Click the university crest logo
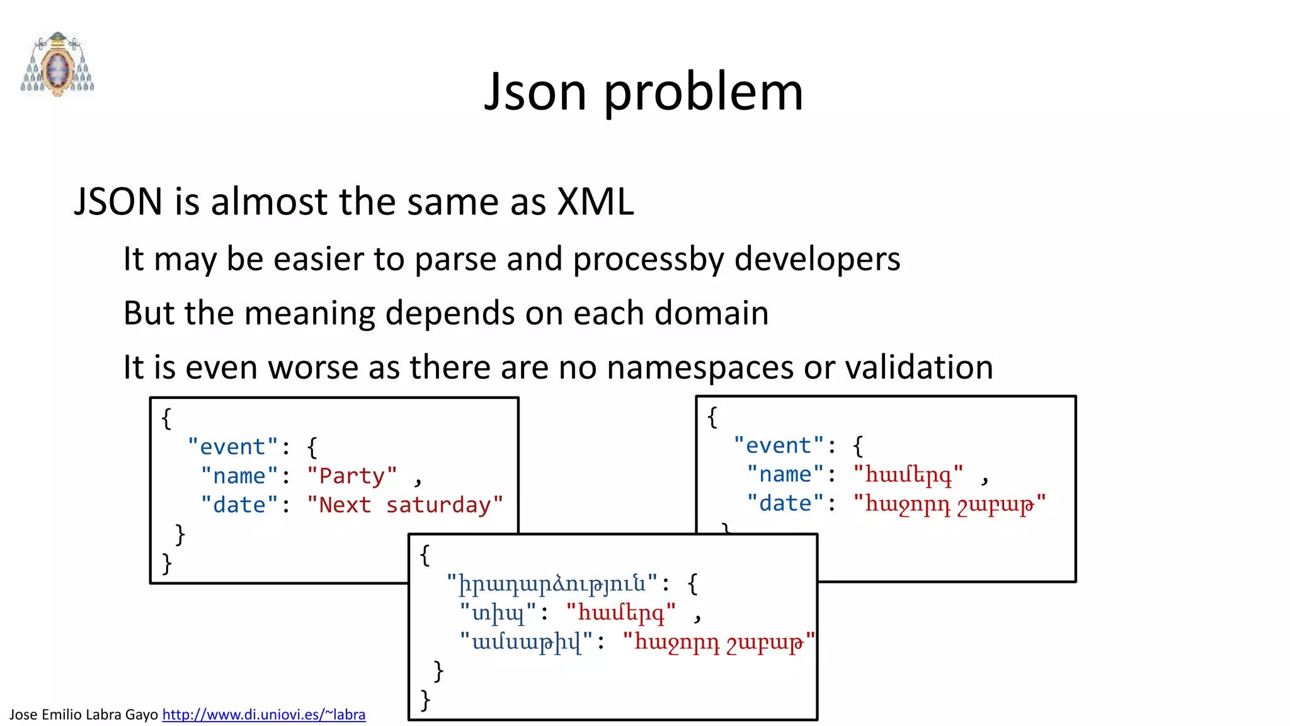click(x=57, y=64)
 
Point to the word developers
click(x=817, y=260)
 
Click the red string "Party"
click(x=351, y=476)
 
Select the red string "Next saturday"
click(x=405, y=505)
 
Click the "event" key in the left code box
click(x=232, y=447)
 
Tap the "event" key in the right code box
click(x=779, y=446)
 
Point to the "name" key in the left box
click(x=239, y=476)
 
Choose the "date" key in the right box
click(x=785, y=504)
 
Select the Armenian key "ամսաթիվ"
click(x=526, y=642)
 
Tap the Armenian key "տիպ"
click(x=498, y=613)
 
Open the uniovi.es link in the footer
click(x=263, y=715)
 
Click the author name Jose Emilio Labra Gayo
click(x=83, y=715)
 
